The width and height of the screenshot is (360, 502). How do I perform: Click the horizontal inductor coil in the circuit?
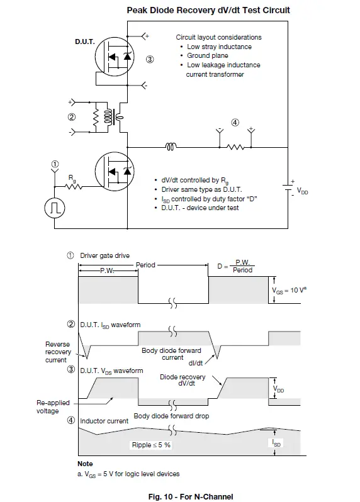(171, 148)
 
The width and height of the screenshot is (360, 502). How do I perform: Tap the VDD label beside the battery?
(302, 191)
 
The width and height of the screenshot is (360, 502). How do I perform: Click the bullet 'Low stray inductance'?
(219, 47)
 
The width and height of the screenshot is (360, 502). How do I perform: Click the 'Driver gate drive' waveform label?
(104, 255)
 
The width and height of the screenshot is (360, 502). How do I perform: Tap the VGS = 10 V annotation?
(288, 291)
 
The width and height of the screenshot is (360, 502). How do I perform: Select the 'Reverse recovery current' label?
(57, 352)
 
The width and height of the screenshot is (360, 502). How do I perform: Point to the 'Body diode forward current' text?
(163, 354)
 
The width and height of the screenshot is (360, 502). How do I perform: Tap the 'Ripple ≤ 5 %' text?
(150, 445)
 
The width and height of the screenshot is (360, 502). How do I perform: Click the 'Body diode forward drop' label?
(171, 416)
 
